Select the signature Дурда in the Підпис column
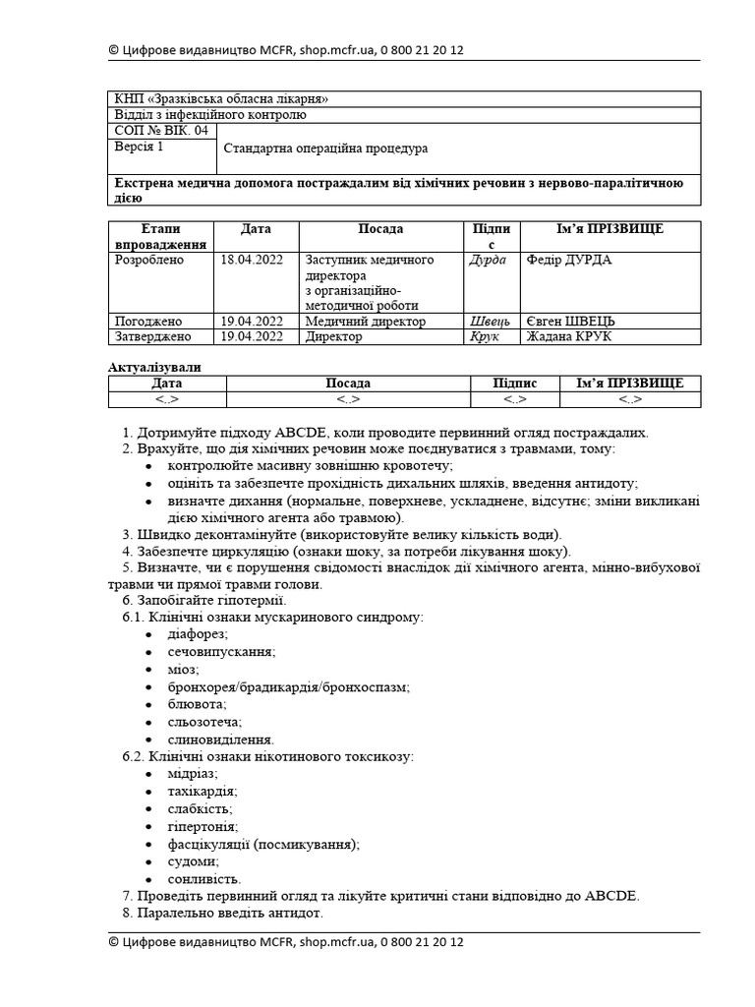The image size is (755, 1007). pyautogui.click(x=489, y=260)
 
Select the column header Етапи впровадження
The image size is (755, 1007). pyautogui.click(x=161, y=236)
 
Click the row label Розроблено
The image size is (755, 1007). pyautogui.click(x=149, y=260)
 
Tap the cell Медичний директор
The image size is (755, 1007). pyautogui.click(x=365, y=321)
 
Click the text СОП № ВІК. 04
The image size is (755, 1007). pyautogui.click(x=161, y=130)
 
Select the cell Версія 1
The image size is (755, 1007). pyautogui.click(x=140, y=147)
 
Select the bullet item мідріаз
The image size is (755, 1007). pyautogui.click(x=193, y=773)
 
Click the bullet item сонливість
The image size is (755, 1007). pyautogui.click(x=204, y=878)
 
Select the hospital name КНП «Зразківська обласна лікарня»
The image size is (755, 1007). pyautogui.click(x=221, y=99)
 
